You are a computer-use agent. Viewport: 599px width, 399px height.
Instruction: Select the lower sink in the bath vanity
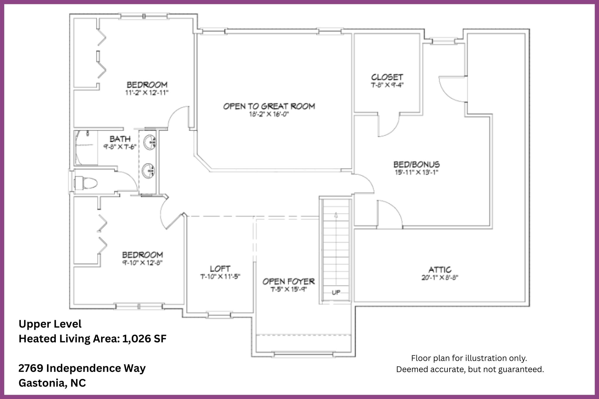click(149, 170)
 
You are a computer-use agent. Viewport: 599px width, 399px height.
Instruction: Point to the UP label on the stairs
click(336, 292)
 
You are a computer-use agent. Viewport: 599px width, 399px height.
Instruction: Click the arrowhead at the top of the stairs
click(336, 215)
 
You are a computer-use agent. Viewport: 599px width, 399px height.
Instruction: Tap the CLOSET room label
click(387, 77)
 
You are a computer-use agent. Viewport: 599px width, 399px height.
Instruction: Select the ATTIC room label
click(440, 270)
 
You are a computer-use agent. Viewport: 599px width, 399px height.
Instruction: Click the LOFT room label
click(220, 268)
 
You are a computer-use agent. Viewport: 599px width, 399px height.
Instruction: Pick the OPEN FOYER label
click(288, 281)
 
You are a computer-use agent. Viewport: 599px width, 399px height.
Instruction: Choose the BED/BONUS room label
click(416, 164)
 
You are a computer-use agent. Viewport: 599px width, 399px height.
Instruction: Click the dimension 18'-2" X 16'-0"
click(269, 114)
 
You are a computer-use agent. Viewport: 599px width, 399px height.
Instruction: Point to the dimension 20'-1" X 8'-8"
click(440, 277)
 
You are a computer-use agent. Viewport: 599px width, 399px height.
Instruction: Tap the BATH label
click(120, 139)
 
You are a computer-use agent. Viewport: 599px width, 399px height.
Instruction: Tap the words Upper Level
click(50, 324)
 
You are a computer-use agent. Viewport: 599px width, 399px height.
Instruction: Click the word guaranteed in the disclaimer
click(521, 369)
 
